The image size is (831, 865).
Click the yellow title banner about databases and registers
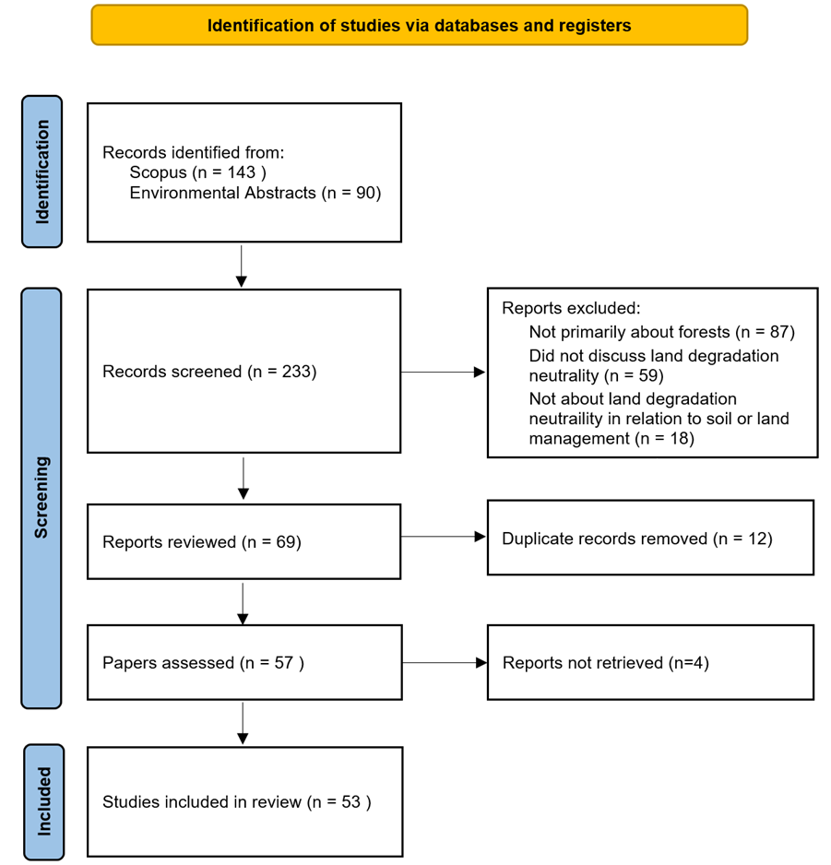(x=419, y=25)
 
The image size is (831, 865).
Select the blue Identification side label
(x=42, y=172)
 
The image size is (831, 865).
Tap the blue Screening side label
(x=42, y=497)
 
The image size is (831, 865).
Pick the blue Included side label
(x=43, y=801)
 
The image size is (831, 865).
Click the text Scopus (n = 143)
(x=197, y=172)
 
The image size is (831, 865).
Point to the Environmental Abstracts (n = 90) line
(x=255, y=193)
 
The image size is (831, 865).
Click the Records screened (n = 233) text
(x=209, y=372)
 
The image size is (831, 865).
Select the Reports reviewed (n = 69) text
(x=202, y=541)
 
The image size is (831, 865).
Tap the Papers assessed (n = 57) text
(x=203, y=662)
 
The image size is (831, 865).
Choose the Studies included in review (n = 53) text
(x=237, y=801)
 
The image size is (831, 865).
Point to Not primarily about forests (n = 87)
(x=661, y=332)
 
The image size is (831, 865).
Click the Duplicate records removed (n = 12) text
(x=636, y=538)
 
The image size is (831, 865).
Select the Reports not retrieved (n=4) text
(x=605, y=662)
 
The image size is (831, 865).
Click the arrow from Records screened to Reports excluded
(x=443, y=373)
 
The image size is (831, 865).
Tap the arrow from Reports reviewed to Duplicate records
(x=443, y=537)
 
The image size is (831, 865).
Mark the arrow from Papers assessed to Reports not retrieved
(x=444, y=662)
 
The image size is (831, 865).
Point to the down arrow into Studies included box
(x=243, y=723)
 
